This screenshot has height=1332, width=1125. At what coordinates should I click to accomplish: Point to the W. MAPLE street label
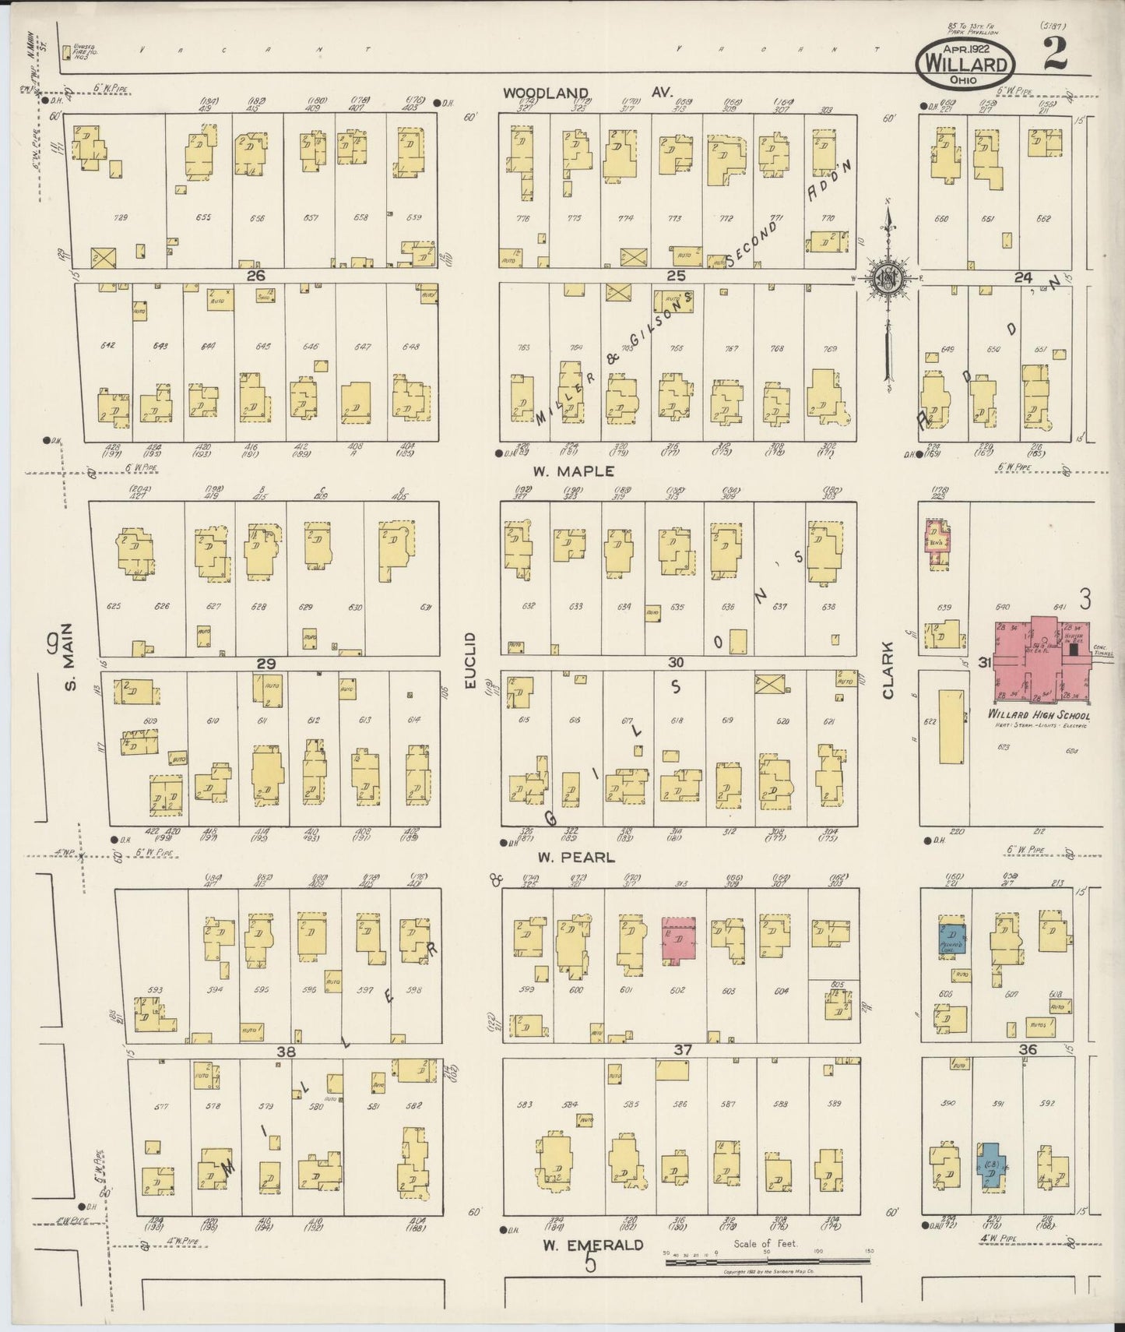click(574, 471)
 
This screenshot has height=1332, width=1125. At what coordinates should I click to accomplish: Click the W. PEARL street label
click(576, 858)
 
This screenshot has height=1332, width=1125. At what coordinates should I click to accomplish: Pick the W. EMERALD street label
click(593, 1245)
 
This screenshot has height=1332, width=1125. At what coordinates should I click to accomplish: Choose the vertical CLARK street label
click(888, 675)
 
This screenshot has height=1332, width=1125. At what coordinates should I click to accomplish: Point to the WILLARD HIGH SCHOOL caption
click(1039, 715)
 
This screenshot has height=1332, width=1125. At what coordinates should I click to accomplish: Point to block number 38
click(287, 1052)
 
